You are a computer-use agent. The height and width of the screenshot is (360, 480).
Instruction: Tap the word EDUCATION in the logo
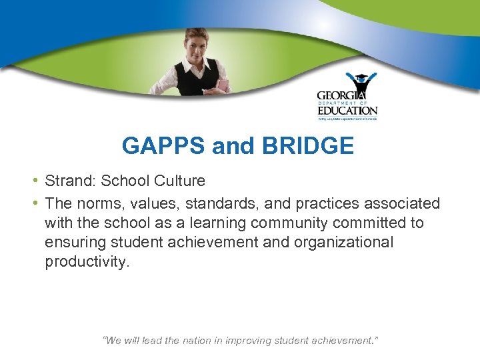pyautogui.click(x=347, y=110)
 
